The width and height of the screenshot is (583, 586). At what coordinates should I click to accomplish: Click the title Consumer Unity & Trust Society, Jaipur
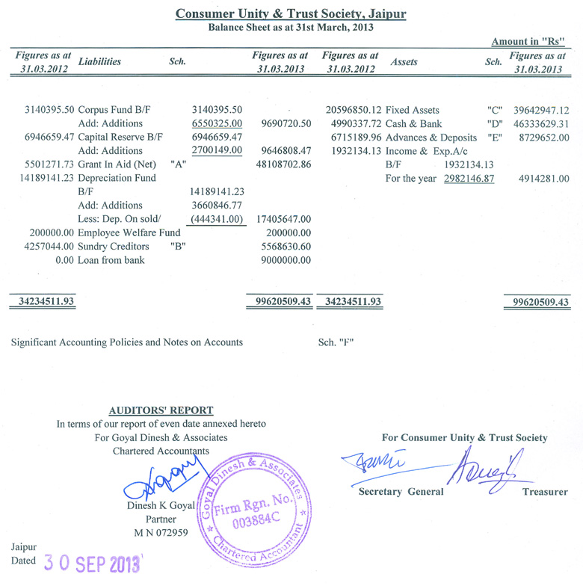tap(291, 13)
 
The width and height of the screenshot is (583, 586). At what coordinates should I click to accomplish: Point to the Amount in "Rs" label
tap(532, 42)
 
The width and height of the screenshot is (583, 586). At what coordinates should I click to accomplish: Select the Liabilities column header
tap(99, 62)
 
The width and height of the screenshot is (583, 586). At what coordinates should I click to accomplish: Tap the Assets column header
tap(404, 62)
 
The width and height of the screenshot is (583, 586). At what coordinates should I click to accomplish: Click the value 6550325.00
tap(217, 123)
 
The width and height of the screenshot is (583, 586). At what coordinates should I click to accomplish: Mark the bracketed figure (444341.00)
tap(217, 218)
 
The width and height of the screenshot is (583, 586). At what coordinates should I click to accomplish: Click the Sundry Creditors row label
tap(114, 246)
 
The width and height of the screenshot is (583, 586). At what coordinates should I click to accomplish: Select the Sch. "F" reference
tap(336, 342)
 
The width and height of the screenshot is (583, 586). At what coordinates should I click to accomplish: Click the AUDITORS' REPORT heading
tap(161, 410)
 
